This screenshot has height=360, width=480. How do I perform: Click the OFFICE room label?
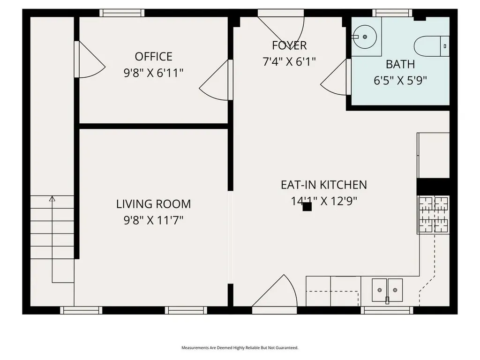pos(153,57)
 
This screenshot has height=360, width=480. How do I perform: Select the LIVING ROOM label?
pos(153,204)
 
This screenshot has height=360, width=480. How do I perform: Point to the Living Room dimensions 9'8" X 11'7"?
pos(153,220)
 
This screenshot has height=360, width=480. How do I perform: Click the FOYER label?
pos(289,45)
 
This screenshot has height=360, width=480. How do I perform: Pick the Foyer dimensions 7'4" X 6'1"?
pos(289,61)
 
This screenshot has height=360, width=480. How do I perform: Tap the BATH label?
pos(400,64)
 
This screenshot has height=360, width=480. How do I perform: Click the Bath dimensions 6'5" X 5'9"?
pos(400,80)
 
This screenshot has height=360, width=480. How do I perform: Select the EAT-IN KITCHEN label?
pos(323,185)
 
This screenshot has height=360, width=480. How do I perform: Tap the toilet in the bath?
pos(430,46)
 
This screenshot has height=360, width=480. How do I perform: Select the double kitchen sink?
pos(387,289)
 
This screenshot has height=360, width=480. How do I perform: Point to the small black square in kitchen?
pos(307,207)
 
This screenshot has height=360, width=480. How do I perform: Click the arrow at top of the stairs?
pos(52,199)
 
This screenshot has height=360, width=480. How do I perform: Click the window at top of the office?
pos(122,13)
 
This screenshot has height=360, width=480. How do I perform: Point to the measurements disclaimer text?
pos(240,348)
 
